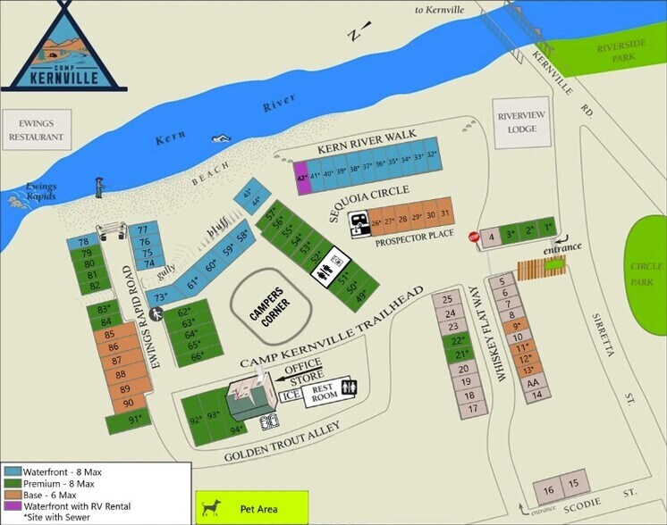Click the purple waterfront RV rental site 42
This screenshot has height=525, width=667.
pos(302,178)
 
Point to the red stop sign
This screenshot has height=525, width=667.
pos(474,237)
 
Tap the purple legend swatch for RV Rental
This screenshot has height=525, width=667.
pos(13,505)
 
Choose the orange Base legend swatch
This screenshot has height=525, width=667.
pos(13,494)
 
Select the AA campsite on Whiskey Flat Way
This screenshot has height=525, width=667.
pos(533,382)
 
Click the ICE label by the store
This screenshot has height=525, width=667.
pos(291,395)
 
